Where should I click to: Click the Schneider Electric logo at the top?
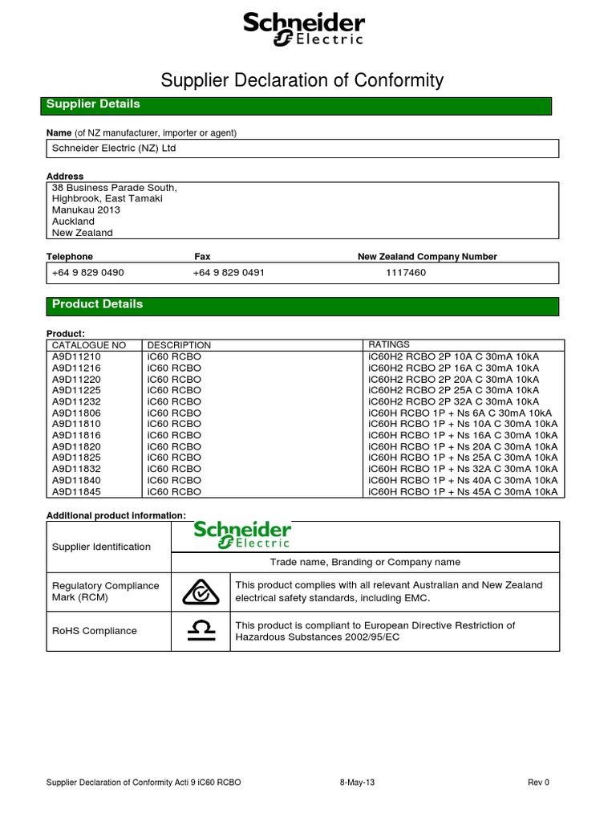pyautogui.click(x=303, y=30)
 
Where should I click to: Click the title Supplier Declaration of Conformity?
pyautogui.click(x=302, y=79)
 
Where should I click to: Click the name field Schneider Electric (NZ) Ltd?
pyautogui.click(x=113, y=149)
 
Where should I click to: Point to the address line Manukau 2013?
pyautogui.click(x=86, y=210)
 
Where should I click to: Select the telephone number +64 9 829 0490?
pyautogui.click(x=88, y=272)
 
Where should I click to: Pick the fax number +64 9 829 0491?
pyautogui.click(x=229, y=272)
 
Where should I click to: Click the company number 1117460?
pyautogui.click(x=407, y=272)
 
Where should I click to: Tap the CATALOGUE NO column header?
pyautogui.click(x=89, y=344)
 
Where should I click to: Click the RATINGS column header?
pyautogui.click(x=389, y=344)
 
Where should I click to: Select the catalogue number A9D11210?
pyautogui.click(x=77, y=356)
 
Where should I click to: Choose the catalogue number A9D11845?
pyautogui.click(x=77, y=491)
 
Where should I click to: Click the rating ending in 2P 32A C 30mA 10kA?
pyautogui.click(x=454, y=401)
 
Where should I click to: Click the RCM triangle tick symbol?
pyautogui.click(x=201, y=592)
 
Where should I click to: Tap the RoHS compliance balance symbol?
pyautogui.click(x=201, y=631)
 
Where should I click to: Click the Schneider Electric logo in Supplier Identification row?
pyautogui.click(x=242, y=535)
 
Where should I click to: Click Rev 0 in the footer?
pyautogui.click(x=538, y=782)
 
